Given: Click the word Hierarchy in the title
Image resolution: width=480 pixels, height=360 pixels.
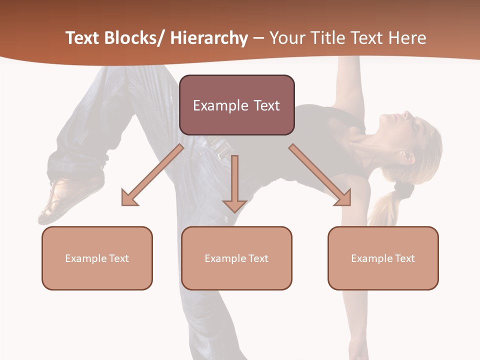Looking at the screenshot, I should (x=209, y=38).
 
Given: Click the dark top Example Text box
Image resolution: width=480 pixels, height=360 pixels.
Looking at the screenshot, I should (x=236, y=105).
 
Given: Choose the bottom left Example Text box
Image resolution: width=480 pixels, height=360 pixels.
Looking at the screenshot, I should (x=97, y=258).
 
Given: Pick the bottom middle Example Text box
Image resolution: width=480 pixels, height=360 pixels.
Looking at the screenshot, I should (x=236, y=258).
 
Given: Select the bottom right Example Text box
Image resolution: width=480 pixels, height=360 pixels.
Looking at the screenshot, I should (x=383, y=258).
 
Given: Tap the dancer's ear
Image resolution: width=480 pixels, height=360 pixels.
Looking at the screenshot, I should (x=407, y=156).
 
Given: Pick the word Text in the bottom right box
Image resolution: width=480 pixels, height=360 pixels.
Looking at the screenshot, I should (x=404, y=258).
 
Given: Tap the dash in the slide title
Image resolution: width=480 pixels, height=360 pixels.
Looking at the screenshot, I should (x=258, y=38).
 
